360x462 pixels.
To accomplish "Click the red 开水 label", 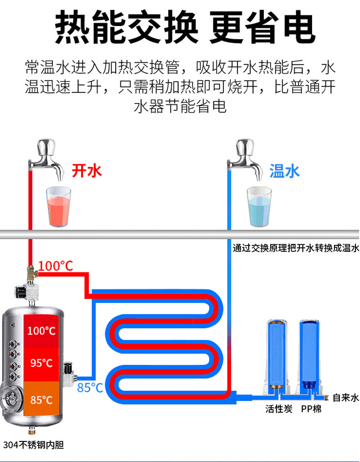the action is pyautogui.click(x=87, y=171).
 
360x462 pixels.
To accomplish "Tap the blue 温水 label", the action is pyautogui.click(x=285, y=171).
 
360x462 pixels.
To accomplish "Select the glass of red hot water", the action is pyautogui.click(x=59, y=207).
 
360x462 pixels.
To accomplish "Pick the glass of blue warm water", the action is pyautogui.click(x=259, y=207).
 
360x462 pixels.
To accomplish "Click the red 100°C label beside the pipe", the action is pyautogui.click(x=55, y=266).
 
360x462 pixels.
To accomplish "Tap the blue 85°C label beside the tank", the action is pyautogui.click(x=90, y=388).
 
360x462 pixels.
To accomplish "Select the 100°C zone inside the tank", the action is pyautogui.click(x=41, y=331).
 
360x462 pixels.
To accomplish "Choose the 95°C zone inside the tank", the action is pyautogui.click(x=41, y=364).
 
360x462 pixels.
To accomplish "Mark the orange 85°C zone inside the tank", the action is pyautogui.click(x=41, y=399).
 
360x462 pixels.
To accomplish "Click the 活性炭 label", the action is pyautogui.click(x=278, y=409).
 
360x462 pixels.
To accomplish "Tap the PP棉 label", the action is pyautogui.click(x=311, y=409).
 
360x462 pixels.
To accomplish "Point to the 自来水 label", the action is pyautogui.click(x=345, y=398).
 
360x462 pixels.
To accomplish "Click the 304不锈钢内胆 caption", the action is pyautogui.click(x=34, y=445).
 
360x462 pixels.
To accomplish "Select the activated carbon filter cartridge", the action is pyautogui.click(x=277, y=357).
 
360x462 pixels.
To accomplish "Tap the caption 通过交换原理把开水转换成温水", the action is pyautogui.click(x=296, y=248).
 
